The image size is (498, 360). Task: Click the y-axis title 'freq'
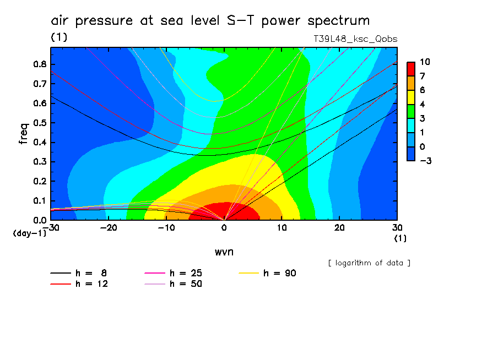(23, 134)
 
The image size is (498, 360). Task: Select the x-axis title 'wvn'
(223, 252)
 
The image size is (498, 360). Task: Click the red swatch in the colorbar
(410, 69)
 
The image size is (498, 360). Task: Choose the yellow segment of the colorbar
(410, 97)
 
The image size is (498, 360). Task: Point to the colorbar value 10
(425, 62)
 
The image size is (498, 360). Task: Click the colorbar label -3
(424, 161)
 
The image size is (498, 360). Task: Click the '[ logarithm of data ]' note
(369, 263)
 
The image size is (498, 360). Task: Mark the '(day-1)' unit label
(30, 233)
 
